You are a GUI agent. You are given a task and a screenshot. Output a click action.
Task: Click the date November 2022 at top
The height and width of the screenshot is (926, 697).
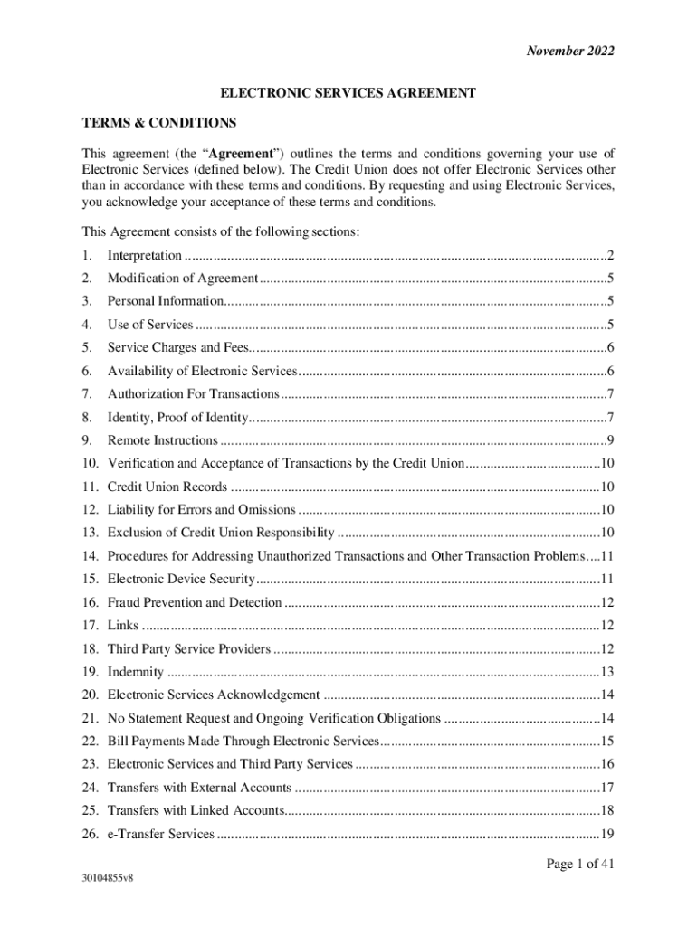570,51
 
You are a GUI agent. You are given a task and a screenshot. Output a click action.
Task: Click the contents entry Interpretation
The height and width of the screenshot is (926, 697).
144,256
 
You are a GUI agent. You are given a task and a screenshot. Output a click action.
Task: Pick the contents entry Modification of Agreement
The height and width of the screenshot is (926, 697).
183,279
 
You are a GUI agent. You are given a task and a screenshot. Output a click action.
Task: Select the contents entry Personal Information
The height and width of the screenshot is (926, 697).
165,301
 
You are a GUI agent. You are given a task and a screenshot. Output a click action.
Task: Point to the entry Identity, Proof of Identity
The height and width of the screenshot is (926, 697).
177,418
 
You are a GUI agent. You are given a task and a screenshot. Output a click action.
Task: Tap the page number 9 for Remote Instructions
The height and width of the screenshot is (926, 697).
612,441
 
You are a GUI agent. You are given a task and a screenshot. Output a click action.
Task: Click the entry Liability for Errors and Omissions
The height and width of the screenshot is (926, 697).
201,510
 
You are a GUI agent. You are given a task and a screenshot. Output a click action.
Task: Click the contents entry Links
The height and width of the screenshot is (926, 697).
122,626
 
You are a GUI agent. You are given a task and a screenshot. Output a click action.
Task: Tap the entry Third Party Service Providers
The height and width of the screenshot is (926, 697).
188,649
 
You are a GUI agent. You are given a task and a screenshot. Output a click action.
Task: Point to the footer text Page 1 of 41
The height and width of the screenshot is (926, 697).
580,865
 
